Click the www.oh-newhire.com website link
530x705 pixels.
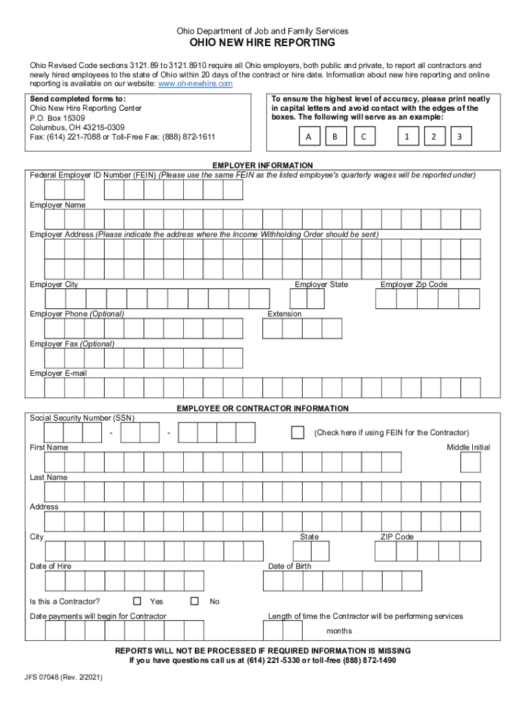coord(195,83)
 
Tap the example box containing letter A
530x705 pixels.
coord(309,137)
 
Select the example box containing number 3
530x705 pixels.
coord(459,137)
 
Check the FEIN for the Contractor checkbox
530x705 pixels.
coord(297,432)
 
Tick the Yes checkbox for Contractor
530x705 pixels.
coord(137,600)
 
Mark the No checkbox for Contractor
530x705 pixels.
coord(195,600)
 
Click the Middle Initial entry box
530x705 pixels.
coord(471,462)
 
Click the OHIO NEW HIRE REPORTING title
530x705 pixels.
coord(262,43)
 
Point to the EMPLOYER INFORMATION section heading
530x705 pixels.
coord(262,166)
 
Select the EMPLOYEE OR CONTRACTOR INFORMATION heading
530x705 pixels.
coord(262,408)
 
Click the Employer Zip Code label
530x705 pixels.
coord(414,284)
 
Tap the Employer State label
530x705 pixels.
coord(321,284)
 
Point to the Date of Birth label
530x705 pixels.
coord(289,566)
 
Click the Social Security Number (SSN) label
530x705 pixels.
coord(82,418)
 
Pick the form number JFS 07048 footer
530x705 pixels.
coord(66,677)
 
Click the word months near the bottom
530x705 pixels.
coord(339,631)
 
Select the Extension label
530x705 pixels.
coord(284,314)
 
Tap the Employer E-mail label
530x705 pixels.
coord(58,373)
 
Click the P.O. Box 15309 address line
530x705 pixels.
coord(61,118)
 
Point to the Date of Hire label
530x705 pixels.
coord(50,566)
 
